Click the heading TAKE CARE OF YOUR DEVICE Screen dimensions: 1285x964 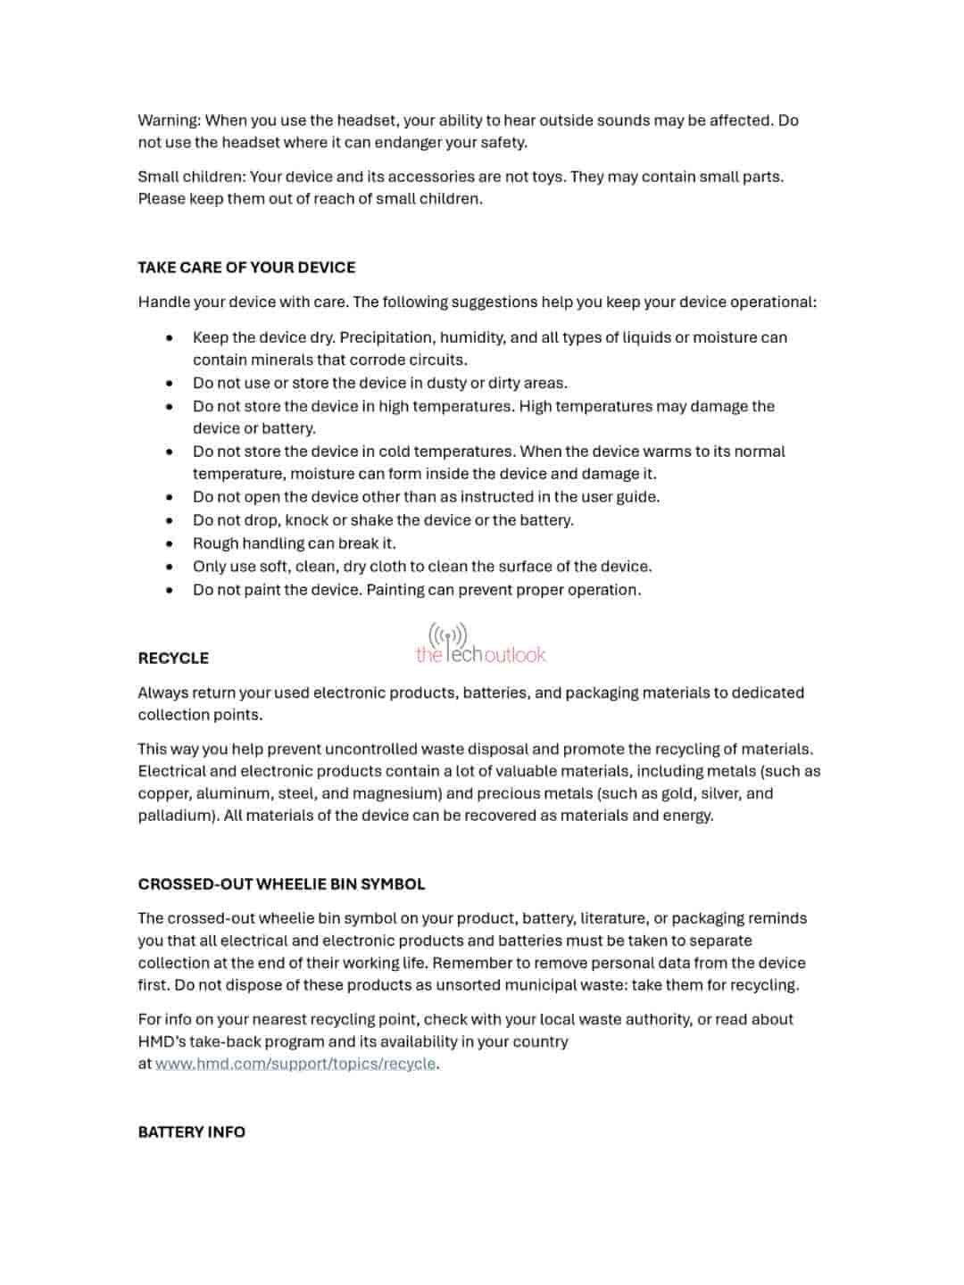pyautogui.click(x=246, y=268)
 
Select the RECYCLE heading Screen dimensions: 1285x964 pyautogui.click(x=173, y=659)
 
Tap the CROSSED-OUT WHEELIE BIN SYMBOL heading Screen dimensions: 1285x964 pyautogui.click(x=281, y=884)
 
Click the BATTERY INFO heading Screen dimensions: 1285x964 pyautogui.click(x=191, y=1132)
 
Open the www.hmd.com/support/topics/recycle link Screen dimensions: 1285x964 pyautogui.click(x=295, y=1064)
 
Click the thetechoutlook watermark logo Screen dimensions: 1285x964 pyautogui.click(x=480, y=645)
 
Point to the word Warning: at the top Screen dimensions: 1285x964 pyautogui.click(x=169, y=120)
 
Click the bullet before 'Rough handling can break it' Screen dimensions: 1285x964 pyautogui.click(x=170, y=543)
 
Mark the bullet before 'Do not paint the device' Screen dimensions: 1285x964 pyautogui.click(x=170, y=590)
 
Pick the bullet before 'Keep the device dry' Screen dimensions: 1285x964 pyautogui.click(x=170, y=337)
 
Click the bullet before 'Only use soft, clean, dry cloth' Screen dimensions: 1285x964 pyautogui.click(x=170, y=567)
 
